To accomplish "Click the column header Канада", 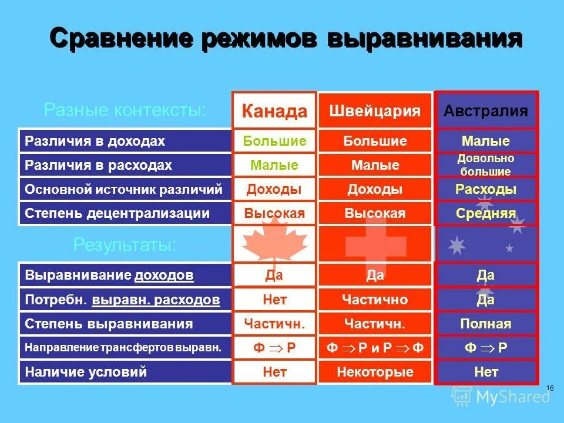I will [x=274, y=111].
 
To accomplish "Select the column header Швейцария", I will [x=375, y=111].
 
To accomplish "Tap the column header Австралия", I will [x=485, y=111].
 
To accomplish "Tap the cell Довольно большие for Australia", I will [x=485, y=165].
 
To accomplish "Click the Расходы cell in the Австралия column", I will [x=485, y=189].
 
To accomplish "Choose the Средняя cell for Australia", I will [x=485, y=213].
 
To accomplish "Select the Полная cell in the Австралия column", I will [x=485, y=324].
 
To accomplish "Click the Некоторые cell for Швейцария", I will [x=375, y=372].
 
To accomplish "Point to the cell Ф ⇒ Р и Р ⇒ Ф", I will [x=375, y=348].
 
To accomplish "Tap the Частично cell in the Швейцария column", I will [x=375, y=300].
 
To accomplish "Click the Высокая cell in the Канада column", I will [x=274, y=213].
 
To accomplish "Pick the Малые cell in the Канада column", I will [x=274, y=165].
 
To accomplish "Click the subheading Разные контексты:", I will [x=125, y=110].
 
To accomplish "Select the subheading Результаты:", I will [x=124, y=245].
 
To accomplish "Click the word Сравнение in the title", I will [x=120, y=39].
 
